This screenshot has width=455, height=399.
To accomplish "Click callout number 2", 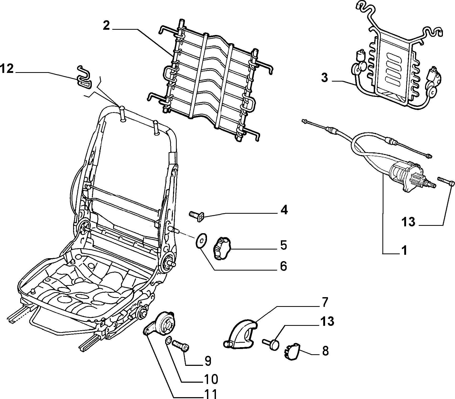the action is (106, 26).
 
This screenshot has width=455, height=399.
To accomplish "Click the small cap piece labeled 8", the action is (292, 351).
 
